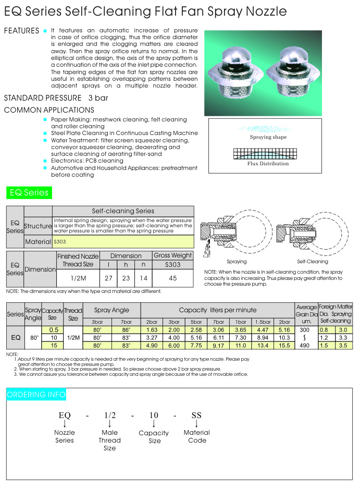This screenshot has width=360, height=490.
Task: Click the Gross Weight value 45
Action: click(x=173, y=278)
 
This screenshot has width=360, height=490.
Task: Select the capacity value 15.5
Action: click(x=284, y=345)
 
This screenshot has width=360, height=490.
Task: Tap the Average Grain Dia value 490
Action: click(x=306, y=345)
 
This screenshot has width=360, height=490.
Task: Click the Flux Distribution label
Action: click(x=268, y=164)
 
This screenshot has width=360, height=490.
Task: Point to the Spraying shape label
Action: click(x=268, y=137)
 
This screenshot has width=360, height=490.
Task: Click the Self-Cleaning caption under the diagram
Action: click(x=312, y=261)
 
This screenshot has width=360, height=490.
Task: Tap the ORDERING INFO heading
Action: click(x=36, y=395)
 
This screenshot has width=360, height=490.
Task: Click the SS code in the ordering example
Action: click(x=196, y=415)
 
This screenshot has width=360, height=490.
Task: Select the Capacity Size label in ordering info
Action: click(x=154, y=437)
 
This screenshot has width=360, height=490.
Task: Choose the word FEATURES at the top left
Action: click(x=21, y=31)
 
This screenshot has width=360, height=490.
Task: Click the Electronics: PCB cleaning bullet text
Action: click(x=87, y=161)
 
